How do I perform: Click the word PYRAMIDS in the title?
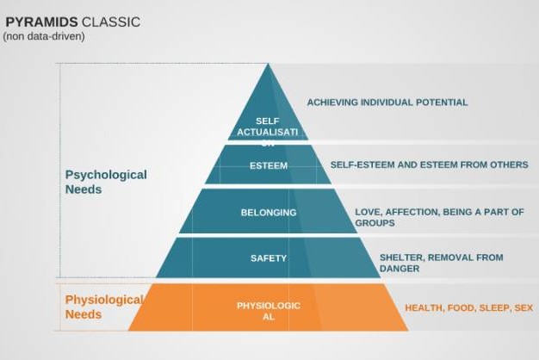point(41,22)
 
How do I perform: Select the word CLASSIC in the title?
point(111,22)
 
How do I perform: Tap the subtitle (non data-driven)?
point(44,36)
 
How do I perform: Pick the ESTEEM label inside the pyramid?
point(269,165)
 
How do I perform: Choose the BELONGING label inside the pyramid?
point(269,213)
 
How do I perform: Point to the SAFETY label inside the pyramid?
point(269,258)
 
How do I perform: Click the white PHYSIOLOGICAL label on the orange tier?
point(269,311)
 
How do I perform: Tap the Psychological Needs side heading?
point(106,182)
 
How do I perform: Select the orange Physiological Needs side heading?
point(104,307)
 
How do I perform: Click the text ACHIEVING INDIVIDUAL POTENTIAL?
point(387,102)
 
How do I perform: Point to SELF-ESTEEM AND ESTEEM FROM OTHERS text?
point(430,164)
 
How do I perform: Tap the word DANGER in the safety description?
point(400,269)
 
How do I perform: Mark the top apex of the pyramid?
point(268,64)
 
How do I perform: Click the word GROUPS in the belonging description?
point(375,223)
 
